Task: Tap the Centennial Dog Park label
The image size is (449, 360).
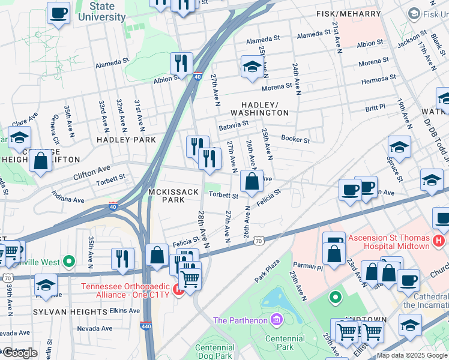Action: (x=214, y=352)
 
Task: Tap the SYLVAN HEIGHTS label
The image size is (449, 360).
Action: (x=70, y=312)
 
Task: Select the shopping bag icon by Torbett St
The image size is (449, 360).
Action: (x=252, y=181)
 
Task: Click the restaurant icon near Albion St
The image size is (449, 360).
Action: (x=180, y=63)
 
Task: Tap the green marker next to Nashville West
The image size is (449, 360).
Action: (x=69, y=262)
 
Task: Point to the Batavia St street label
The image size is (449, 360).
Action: (x=234, y=126)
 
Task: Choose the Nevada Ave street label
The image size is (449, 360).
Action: (x=95, y=329)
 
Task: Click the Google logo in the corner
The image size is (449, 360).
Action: (x=20, y=353)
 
